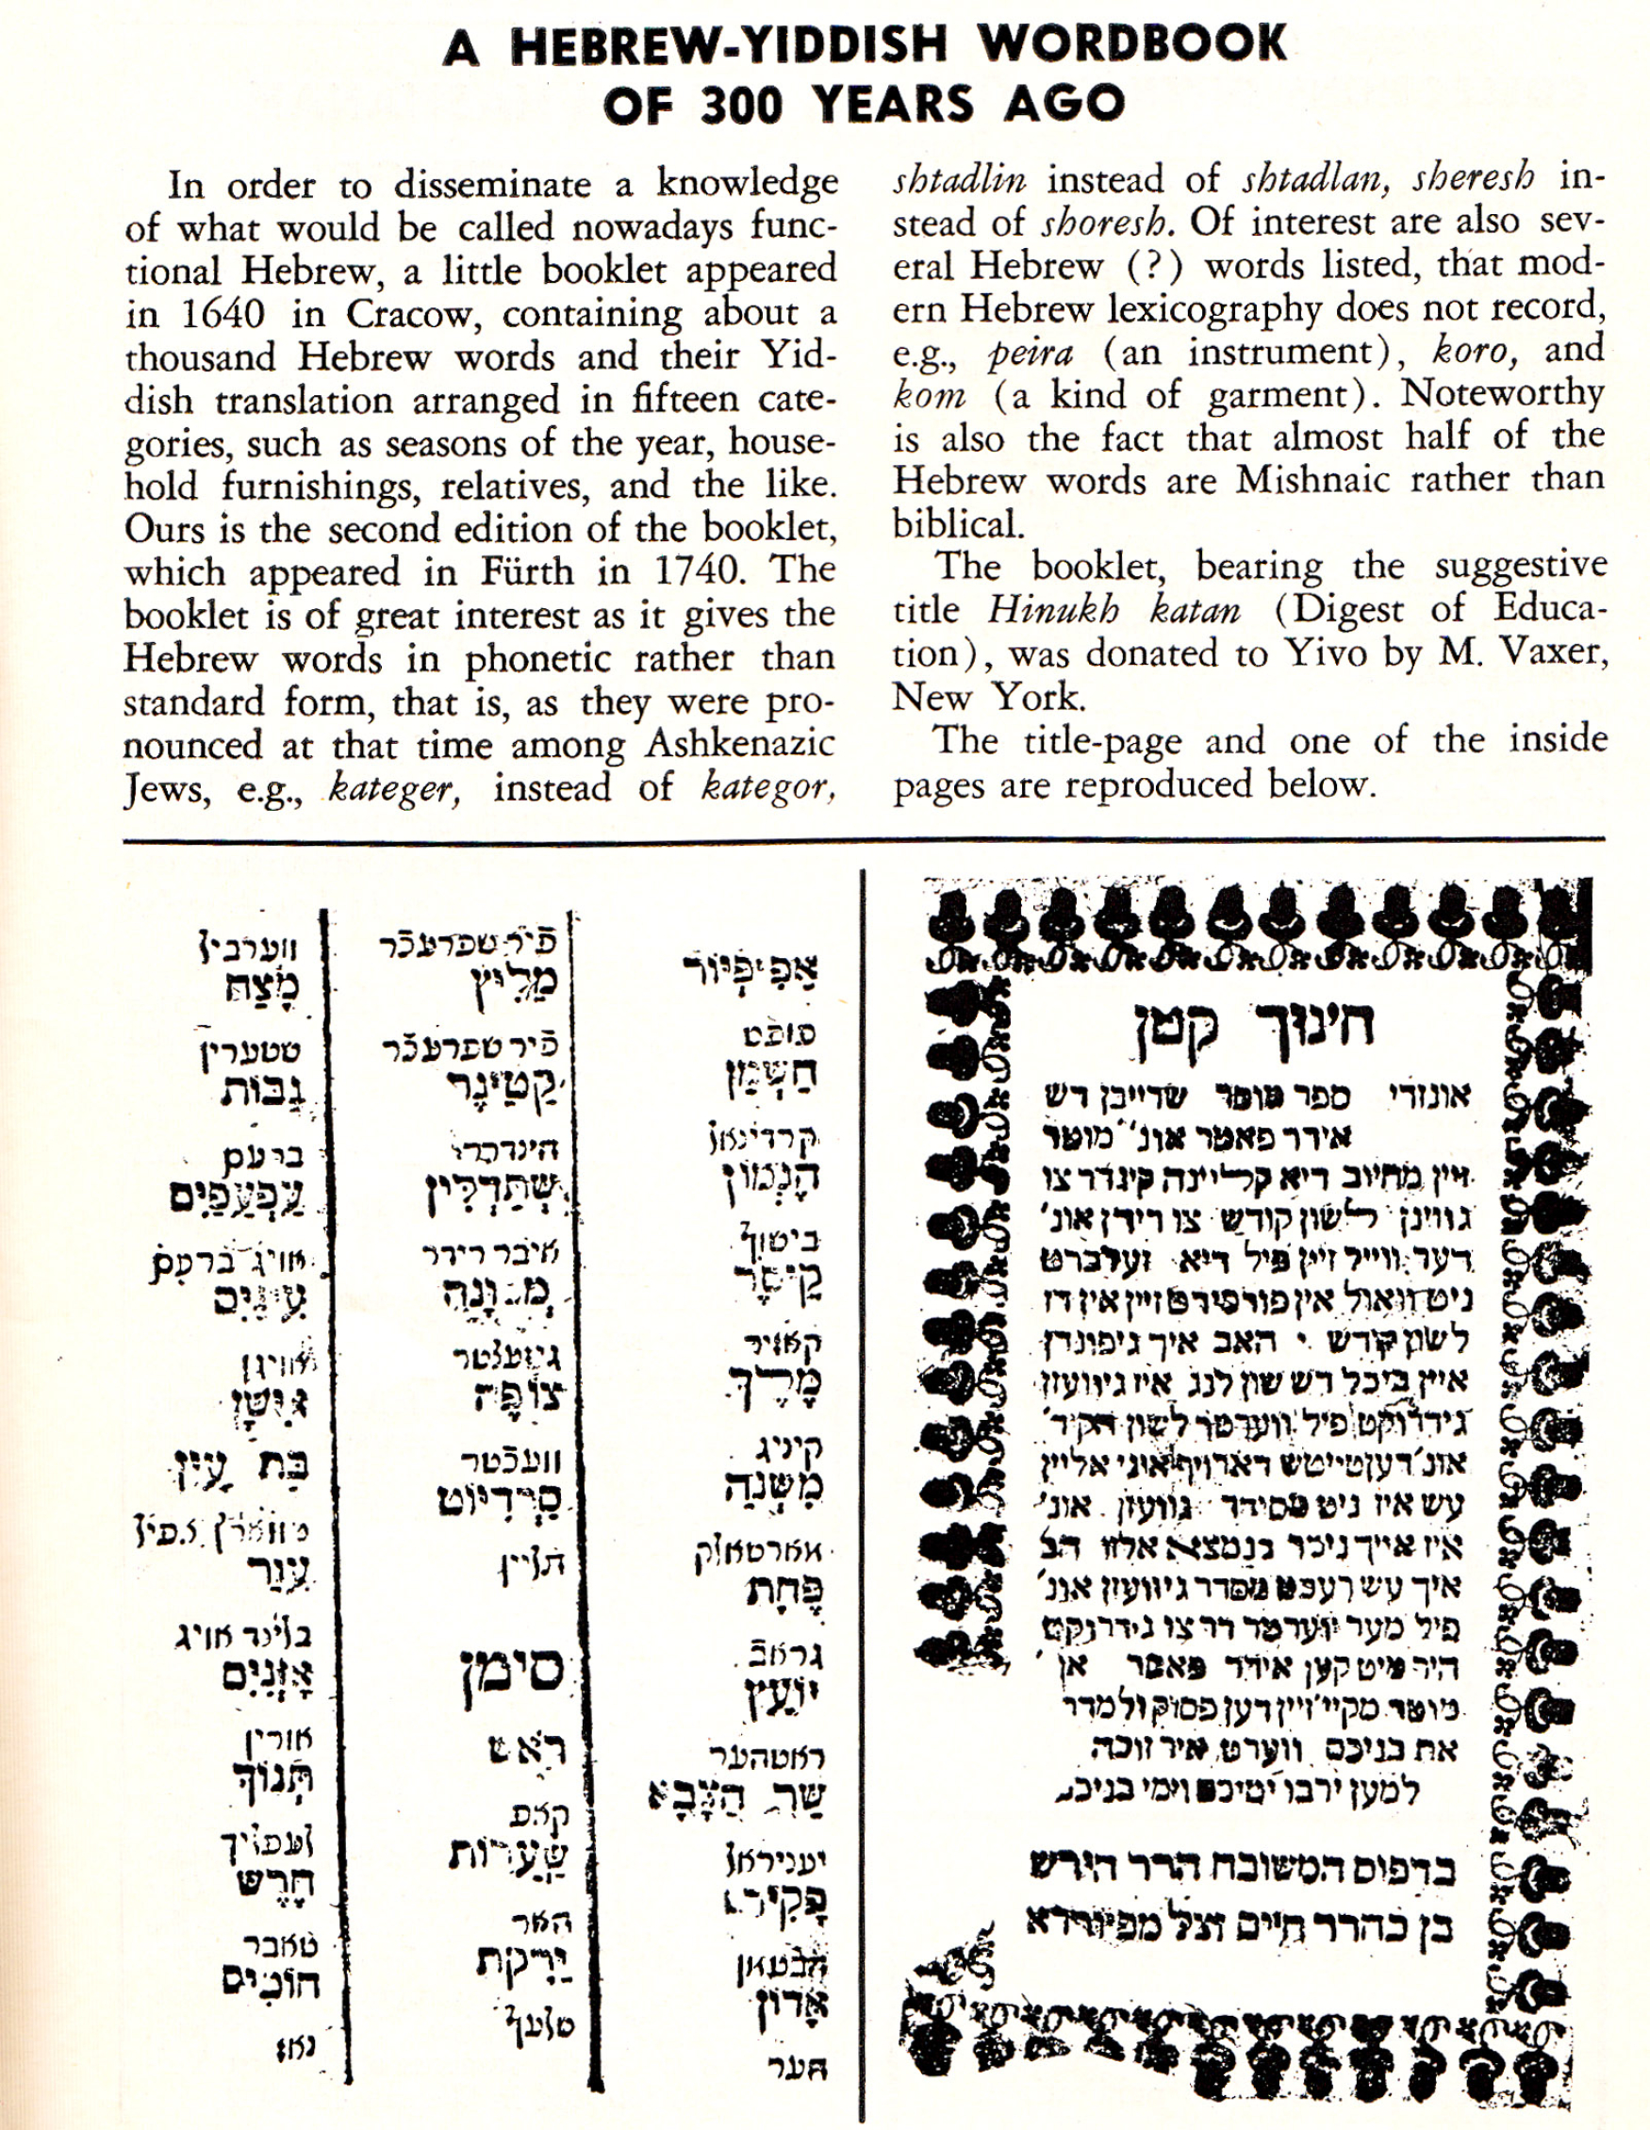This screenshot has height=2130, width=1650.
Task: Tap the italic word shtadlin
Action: click(959, 179)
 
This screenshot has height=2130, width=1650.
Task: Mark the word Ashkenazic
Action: click(740, 745)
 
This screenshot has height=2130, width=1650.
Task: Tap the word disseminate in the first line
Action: click(492, 184)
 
